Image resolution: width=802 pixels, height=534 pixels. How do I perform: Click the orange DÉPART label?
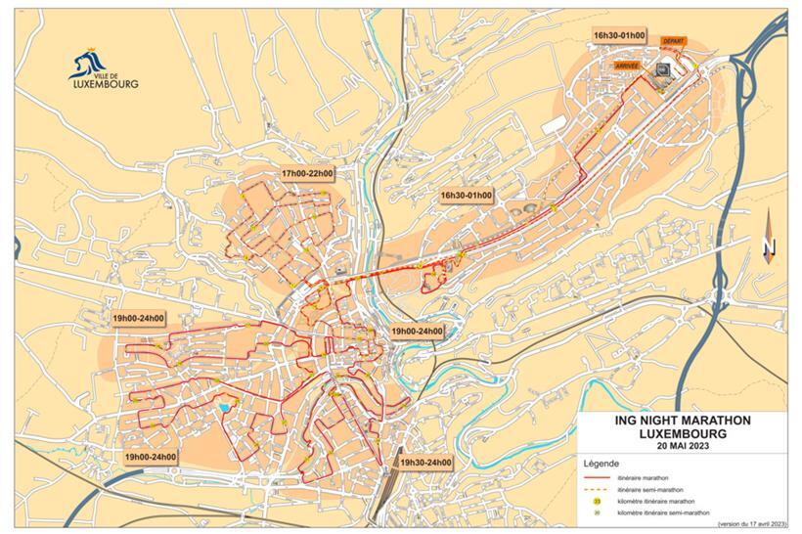point(672,41)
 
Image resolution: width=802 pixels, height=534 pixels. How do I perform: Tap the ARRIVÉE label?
point(626,65)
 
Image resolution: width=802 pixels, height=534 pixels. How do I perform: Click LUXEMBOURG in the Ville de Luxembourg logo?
point(105,84)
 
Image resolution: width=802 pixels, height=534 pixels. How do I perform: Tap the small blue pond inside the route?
point(225,407)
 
